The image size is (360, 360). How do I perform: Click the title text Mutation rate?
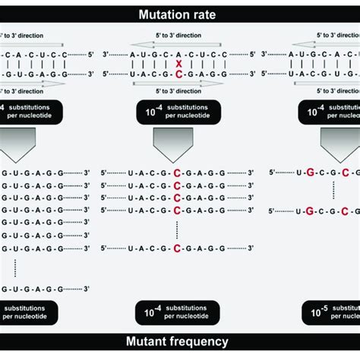(179, 14)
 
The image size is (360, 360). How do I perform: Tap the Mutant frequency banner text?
(179, 342)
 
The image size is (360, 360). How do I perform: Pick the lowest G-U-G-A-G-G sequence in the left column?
(34, 289)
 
